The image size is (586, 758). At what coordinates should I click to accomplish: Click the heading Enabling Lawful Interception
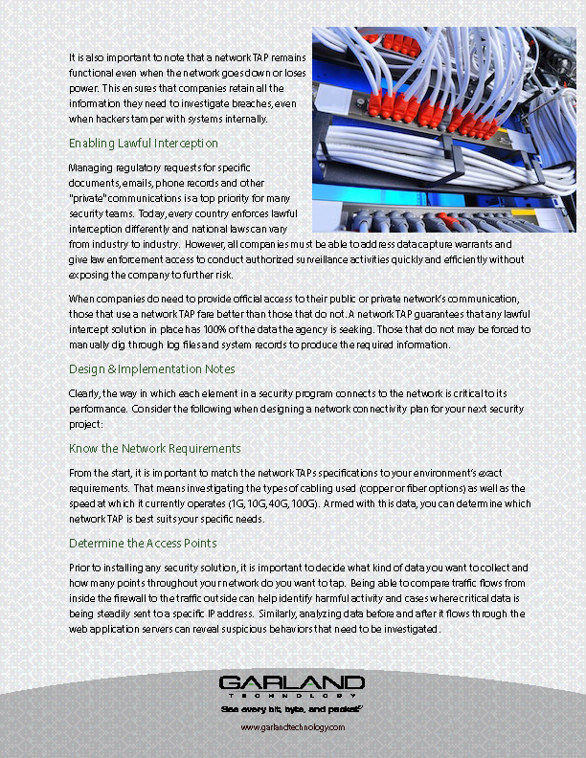click(x=144, y=143)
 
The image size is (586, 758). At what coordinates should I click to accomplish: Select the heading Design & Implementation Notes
click(x=152, y=368)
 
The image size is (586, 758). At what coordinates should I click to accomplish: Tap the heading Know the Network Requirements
click(x=155, y=448)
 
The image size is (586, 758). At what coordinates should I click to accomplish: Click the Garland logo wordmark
click(x=292, y=682)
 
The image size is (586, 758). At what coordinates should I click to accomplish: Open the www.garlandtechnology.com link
click(x=292, y=727)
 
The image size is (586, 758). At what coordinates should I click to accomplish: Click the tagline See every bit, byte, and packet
click(x=292, y=710)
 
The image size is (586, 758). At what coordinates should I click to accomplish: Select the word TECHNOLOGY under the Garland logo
click(x=292, y=696)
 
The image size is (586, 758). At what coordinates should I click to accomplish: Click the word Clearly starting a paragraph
click(x=83, y=395)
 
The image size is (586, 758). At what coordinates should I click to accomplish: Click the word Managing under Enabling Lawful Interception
click(x=90, y=167)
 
